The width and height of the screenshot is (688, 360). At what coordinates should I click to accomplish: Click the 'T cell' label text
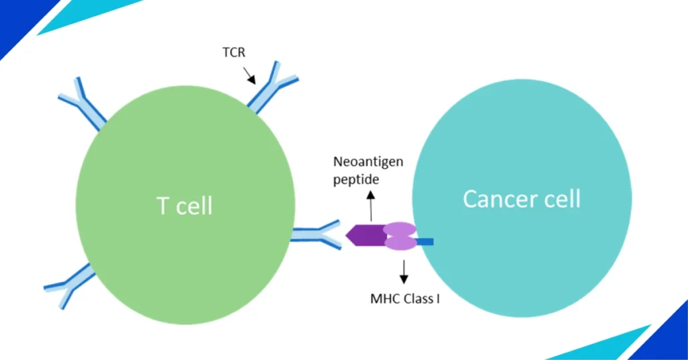point(185,206)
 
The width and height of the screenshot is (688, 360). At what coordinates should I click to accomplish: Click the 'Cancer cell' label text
point(521,199)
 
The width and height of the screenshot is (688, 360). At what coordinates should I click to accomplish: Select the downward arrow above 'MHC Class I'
point(404,269)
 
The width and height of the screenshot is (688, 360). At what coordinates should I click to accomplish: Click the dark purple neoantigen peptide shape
point(364,236)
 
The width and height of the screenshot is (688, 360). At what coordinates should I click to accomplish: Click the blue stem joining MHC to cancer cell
point(425,240)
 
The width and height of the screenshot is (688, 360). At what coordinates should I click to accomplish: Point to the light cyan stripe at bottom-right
point(605,347)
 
